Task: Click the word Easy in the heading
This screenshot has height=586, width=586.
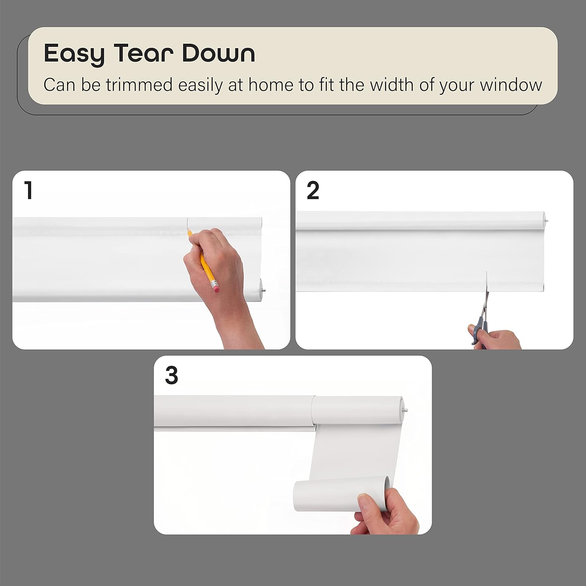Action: pyautogui.click(x=75, y=54)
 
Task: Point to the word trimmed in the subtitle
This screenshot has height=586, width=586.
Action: pyautogui.click(x=139, y=85)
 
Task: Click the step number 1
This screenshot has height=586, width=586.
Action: pyautogui.click(x=28, y=190)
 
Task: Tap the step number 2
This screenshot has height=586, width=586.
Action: pyautogui.click(x=313, y=191)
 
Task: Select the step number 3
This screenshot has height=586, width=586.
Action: pyautogui.click(x=172, y=375)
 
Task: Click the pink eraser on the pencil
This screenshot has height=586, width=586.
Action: pyautogui.click(x=216, y=288)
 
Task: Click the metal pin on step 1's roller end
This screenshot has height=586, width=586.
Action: pyautogui.click(x=265, y=290)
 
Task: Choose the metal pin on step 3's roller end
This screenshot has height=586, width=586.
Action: pyautogui.click(x=406, y=410)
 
